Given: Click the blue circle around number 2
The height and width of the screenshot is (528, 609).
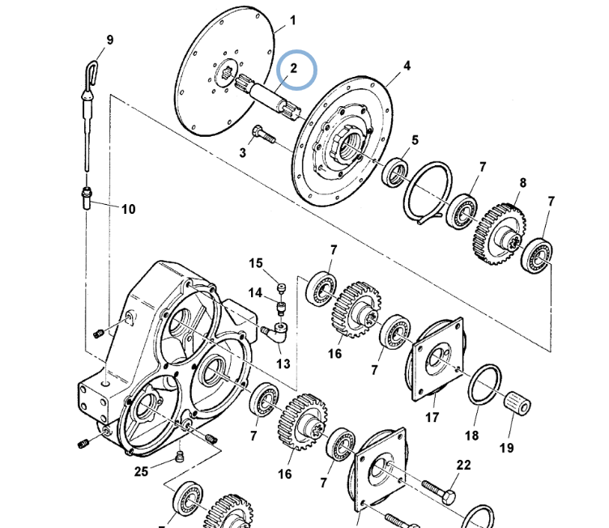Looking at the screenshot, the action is pos(296,51).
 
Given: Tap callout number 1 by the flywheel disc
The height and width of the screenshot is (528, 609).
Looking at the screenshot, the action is pos(293,20).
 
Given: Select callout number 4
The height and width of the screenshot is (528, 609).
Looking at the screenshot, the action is pos(407,66).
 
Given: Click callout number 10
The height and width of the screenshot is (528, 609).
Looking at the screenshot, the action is pos(128,209).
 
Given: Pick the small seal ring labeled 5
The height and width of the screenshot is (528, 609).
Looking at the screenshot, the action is pos(395,172).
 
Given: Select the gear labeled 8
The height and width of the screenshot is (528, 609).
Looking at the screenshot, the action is pos(500,234).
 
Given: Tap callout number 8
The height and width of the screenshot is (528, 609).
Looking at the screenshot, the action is pos(523,182).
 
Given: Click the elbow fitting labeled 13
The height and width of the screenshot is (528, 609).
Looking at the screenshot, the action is pos(276,332).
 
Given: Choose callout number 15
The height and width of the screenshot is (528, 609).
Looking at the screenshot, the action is pos(256,263).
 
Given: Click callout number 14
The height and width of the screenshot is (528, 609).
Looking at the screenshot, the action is pos(255,292).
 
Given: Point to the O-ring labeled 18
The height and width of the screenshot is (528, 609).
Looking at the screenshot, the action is pos(484,385).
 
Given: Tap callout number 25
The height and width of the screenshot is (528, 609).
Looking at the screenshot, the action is pos(141,471).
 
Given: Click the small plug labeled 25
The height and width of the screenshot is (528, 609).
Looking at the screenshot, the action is pos(179,457).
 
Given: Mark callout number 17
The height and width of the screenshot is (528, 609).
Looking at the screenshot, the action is pos(432,417).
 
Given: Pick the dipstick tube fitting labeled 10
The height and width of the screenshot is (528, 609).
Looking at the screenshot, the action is pos(86,198).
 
